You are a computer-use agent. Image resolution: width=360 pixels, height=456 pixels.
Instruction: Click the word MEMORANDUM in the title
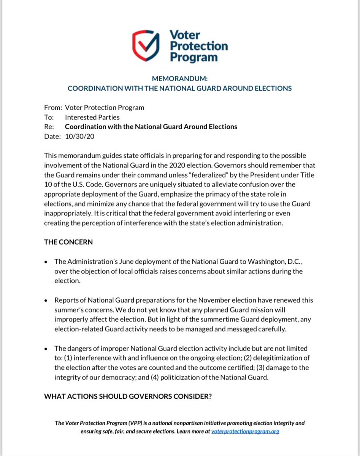180,79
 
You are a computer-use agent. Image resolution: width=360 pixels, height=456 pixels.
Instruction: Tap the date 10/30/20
80,136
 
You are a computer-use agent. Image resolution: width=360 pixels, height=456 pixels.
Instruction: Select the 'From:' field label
53,107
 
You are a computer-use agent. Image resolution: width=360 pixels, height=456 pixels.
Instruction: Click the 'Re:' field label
49,127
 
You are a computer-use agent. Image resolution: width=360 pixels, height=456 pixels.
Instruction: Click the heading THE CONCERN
68,242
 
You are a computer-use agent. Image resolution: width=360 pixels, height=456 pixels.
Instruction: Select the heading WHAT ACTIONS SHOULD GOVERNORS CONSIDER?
128,396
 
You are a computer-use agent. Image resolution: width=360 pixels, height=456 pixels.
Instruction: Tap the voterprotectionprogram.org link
246,432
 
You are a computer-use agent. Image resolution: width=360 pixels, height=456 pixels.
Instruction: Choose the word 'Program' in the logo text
194,57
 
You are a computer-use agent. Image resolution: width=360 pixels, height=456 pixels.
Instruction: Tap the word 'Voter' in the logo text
185,35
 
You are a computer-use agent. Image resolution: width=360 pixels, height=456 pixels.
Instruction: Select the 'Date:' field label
52,136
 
